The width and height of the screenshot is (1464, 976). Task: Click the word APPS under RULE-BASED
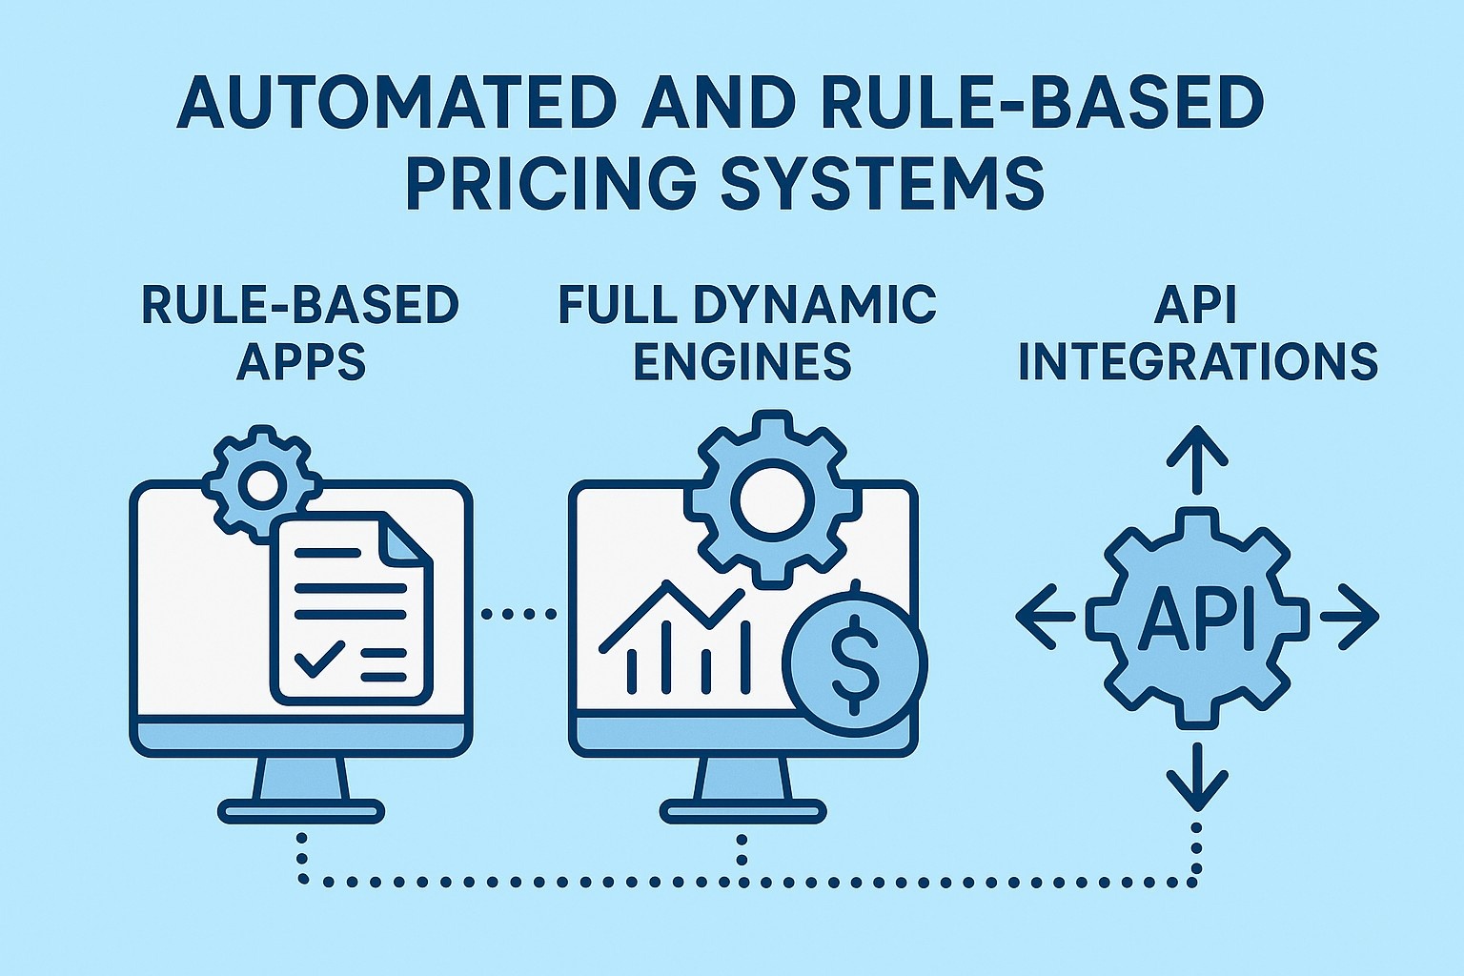pos(301,361)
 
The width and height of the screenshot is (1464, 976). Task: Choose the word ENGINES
pos(742,361)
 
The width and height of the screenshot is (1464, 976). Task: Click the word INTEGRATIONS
pos(1198,361)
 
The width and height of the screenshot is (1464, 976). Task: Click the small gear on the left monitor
pos(259,483)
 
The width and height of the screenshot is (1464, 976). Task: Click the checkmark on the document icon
pos(319,657)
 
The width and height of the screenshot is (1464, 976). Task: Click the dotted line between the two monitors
pos(519,614)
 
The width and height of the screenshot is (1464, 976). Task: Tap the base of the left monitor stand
pos(301,812)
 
